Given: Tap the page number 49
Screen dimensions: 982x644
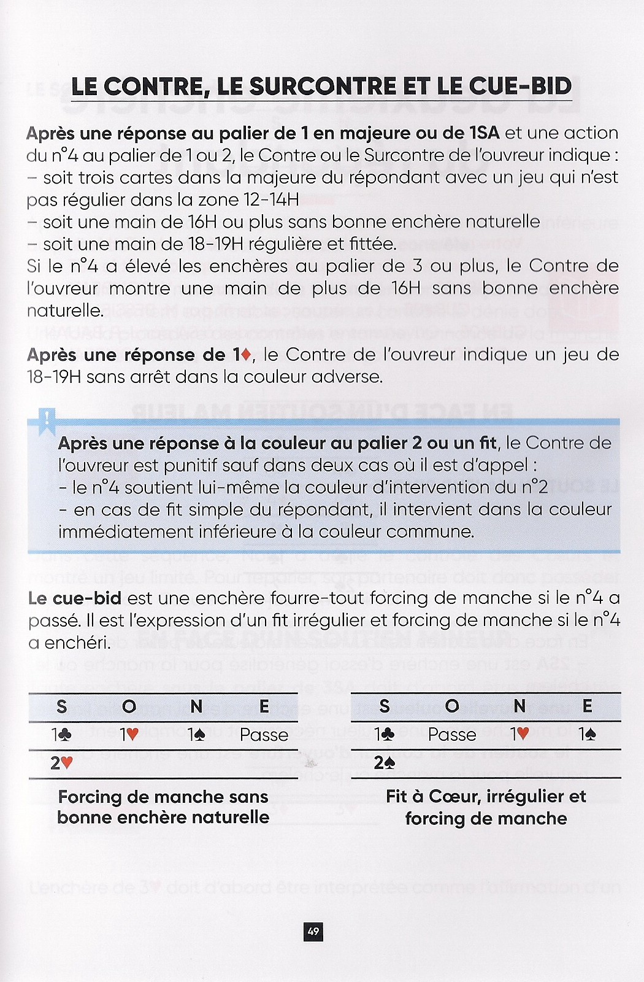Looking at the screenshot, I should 313,932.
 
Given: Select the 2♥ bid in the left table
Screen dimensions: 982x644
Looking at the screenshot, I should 62,764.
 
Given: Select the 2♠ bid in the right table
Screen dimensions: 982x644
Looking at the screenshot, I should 385,763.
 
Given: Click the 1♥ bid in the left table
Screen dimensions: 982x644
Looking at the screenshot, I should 129,735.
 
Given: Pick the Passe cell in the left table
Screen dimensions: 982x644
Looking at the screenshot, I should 264,735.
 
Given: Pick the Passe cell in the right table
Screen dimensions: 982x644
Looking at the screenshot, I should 452,735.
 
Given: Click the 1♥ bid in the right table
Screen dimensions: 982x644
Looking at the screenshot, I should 519,735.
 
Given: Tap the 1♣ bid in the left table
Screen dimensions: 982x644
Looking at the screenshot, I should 62,735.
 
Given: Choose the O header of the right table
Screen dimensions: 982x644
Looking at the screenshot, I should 452,706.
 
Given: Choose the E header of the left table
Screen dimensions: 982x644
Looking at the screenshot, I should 264,706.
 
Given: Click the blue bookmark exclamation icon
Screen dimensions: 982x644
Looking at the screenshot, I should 47,420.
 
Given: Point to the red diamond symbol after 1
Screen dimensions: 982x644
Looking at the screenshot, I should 247,355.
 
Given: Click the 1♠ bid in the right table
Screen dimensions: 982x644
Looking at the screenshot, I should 587,735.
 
